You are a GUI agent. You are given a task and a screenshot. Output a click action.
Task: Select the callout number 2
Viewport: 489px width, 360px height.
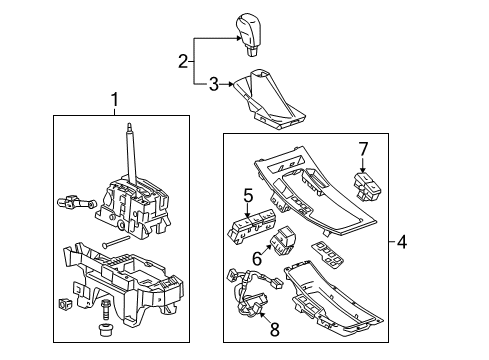pos(183,62)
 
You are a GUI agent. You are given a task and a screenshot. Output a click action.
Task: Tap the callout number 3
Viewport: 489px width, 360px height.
pos(211,84)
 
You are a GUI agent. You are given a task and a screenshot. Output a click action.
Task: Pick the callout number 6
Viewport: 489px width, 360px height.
pos(255,257)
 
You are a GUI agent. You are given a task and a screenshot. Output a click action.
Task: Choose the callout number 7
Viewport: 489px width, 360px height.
pos(365,149)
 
